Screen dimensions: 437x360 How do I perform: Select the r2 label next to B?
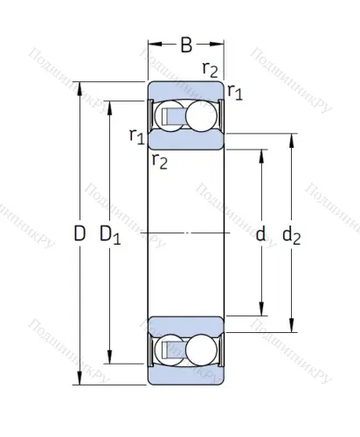(x=210, y=67)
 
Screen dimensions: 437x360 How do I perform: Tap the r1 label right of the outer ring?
(x=235, y=90)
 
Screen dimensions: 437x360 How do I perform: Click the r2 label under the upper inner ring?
(x=158, y=159)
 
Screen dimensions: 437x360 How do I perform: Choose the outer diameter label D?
(x=80, y=234)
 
